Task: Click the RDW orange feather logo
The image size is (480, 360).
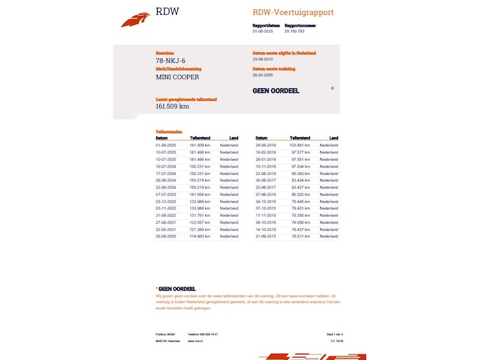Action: tap(135, 19)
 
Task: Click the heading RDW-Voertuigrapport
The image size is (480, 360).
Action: tap(293, 13)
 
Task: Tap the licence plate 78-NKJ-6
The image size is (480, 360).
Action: tap(172, 61)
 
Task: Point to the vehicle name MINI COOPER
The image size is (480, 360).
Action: tap(177, 77)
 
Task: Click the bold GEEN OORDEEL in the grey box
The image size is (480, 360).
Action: tap(277, 90)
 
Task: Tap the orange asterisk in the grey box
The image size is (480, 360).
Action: tap(332, 89)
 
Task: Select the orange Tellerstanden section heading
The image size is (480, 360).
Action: tap(169, 132)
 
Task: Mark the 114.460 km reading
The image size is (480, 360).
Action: tap(200, 236)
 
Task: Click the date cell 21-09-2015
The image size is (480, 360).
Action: tap(266, 236)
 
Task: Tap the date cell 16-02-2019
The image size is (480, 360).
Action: tap(266, 151)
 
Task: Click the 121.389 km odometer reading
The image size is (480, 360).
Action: tap(200, 229)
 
